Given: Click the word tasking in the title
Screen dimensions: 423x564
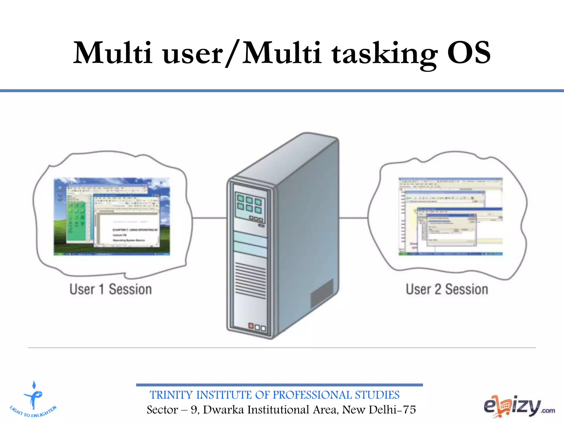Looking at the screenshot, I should pyautogui.click(x=384, y=54).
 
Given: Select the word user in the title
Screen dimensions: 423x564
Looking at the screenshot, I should pyautogui.click(x=193, y=54).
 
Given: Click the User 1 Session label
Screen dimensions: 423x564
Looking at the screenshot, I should pyautogui.click(x=110, y=289).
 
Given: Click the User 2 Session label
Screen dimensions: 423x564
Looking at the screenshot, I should pyautogui.click(x=447, y=289).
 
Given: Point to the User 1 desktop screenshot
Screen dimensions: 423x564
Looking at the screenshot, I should pyautogui.click(x=112, y=216).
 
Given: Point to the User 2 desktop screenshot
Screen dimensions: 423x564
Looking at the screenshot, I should pyautogui.click(x=450, y=216).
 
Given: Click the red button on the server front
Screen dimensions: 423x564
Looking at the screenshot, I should pyautogui.click(x=251, y=326).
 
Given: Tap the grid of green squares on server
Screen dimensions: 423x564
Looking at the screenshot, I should pyautogui.click(x=249, y=204).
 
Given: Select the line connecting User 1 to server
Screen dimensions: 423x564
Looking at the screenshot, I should pyautogui.click(x=209, y=218).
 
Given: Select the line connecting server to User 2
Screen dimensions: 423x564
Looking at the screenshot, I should pyautogui.click(x=353, y=218).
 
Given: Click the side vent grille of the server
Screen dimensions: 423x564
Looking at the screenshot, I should pyautogui.click(x=322, y=293).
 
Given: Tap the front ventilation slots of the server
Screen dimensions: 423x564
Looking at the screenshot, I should pyautogui.click(x=250, y=280).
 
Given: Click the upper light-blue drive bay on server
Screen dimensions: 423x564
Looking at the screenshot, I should pyautogui.click(x=250, y=238).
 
